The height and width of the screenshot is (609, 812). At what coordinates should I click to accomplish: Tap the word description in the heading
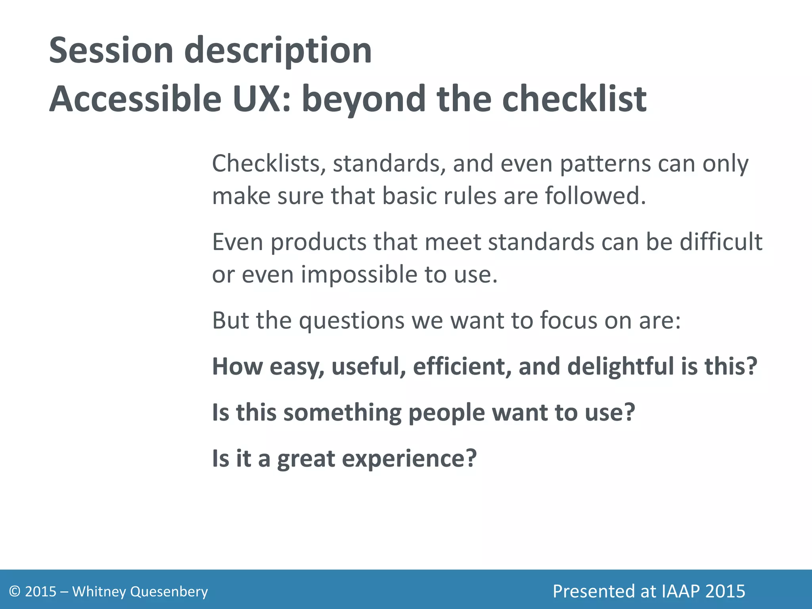278,52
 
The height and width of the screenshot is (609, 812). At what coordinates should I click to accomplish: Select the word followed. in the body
595,196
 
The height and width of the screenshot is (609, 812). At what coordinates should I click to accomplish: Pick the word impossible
359,275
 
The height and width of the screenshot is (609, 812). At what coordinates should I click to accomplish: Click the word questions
351,321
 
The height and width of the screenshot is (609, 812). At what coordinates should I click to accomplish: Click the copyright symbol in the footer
15,592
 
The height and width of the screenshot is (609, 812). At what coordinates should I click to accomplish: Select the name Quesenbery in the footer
169,592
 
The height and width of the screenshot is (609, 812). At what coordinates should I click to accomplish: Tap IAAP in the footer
680,591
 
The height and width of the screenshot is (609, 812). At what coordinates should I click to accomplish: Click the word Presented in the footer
593,591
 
